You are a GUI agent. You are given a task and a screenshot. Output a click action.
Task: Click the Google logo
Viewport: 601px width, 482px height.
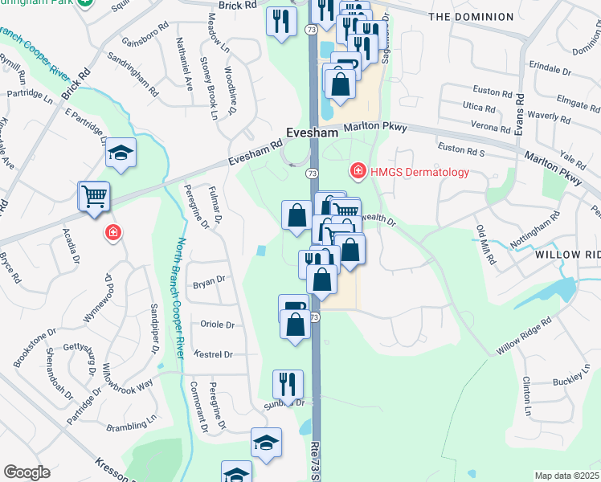(27, 472)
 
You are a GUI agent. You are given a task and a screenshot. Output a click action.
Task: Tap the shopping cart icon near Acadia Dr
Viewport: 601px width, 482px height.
(93, 196)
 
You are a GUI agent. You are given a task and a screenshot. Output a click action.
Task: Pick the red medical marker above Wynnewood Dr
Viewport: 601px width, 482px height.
(113, 233)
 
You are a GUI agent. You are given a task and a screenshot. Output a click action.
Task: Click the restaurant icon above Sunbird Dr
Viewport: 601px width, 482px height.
(287, 384)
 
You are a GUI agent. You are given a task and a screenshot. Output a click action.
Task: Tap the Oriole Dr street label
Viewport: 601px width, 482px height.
(218, 325)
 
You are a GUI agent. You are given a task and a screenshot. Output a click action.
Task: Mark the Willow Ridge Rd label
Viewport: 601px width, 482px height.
(523, 335)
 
